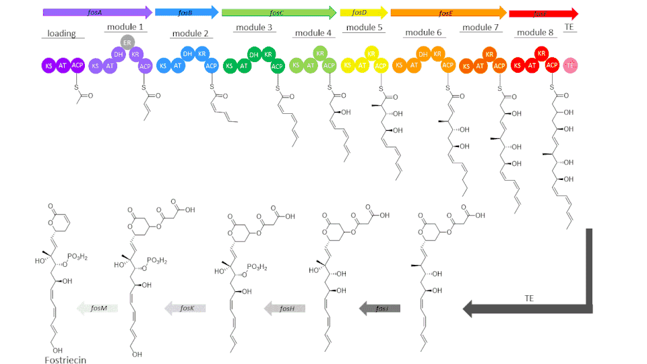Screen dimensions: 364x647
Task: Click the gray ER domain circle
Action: tap(126, 43)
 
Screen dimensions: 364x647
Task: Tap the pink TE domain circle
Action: tap(570, 65)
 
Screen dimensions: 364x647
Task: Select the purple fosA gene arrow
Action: tap(97, 11)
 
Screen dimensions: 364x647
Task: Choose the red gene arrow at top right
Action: tap(543, 13)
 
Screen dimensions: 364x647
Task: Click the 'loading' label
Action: tap(61, 33)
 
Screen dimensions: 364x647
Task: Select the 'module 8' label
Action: tap(534, 33)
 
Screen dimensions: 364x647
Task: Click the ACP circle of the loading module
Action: tap(78, 65)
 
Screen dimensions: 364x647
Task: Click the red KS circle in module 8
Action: tap(517, 65)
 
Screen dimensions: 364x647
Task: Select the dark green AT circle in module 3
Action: tap(244, 65)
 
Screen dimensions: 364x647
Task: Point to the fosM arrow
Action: tap(98, 308)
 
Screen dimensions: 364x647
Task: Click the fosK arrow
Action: tap(185, 308)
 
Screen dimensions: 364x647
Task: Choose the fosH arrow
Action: tap(284, 308)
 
